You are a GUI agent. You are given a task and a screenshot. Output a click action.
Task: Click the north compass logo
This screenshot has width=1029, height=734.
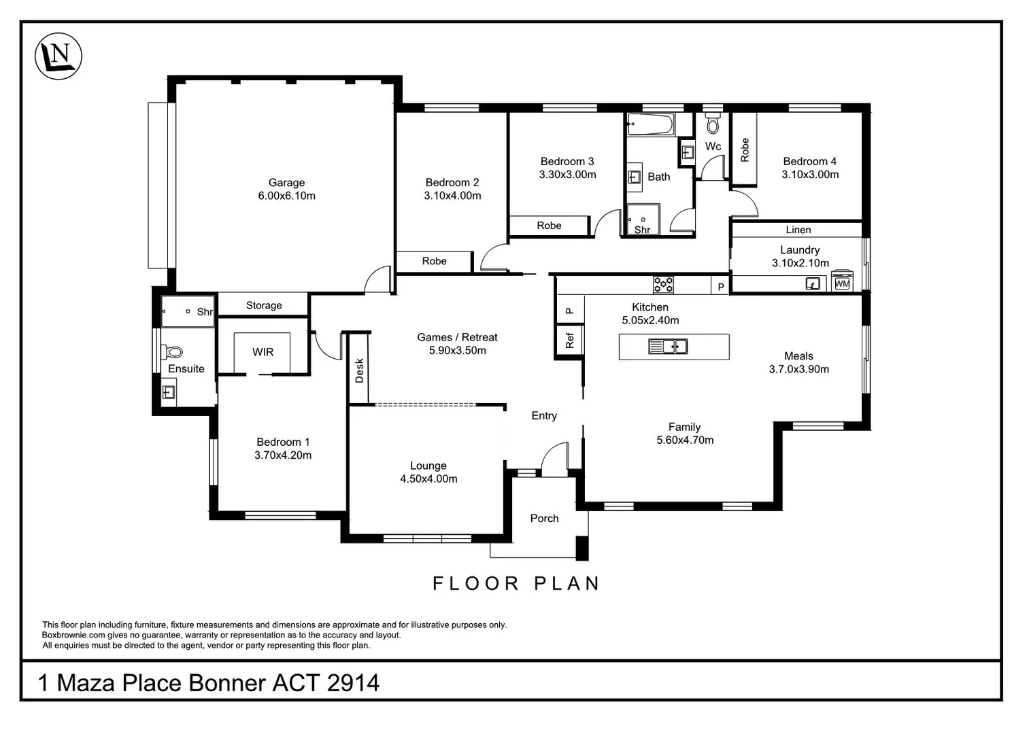(58, 56)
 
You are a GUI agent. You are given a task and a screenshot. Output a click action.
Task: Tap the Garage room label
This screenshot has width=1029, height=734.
(286, 183)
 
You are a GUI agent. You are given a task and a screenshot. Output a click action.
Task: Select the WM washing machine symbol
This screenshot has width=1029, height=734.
(842, 283)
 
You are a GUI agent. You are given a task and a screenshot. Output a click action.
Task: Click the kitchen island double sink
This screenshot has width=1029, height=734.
(668, 347)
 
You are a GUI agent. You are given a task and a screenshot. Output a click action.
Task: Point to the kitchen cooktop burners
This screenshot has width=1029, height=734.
(663, 284)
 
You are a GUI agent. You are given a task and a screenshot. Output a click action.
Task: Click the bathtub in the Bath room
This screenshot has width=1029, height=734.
(650, 124)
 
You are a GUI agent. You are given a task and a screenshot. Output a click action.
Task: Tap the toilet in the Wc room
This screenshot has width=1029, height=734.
(713, 124)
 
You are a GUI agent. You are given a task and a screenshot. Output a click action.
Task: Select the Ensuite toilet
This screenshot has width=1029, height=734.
(173, 351)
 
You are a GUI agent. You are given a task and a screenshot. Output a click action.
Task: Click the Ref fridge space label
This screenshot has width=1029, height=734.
(570, 340)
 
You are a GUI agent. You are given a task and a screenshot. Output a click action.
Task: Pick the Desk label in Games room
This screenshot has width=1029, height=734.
(359, 370)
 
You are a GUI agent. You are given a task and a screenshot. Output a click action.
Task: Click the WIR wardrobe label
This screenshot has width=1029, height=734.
(263, 352)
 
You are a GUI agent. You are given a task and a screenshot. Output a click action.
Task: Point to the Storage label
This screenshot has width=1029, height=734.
(264, 306)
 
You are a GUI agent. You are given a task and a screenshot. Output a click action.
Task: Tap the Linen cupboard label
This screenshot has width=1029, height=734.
(798, 230)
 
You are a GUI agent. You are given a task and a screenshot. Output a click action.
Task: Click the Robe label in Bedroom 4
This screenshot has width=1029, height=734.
(745, 150)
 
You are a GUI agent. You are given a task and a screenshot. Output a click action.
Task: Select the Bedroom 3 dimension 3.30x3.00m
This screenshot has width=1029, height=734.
(567, 175)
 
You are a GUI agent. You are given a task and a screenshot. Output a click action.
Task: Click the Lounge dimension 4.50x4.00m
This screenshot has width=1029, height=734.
(428, 479)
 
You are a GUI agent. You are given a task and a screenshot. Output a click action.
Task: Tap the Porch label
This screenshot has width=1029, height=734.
(544, 519)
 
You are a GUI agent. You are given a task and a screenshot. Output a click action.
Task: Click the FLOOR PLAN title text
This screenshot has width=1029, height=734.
(516, 583)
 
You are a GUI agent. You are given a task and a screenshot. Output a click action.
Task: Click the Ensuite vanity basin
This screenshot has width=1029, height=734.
(169, 393)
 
